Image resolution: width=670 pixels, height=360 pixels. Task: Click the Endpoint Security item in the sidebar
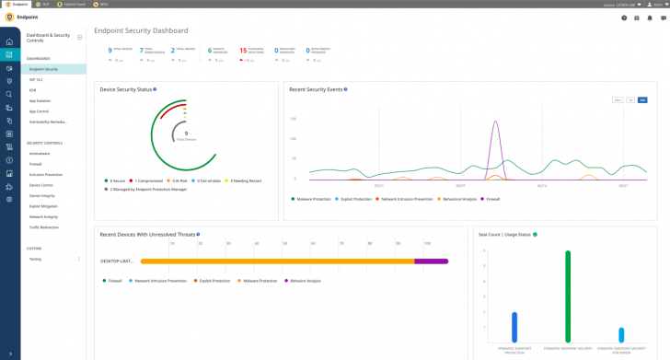coord(43,69)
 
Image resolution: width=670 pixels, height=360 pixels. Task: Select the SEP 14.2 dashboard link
coord(38,80)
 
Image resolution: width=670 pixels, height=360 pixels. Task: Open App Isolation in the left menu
coord(40,100)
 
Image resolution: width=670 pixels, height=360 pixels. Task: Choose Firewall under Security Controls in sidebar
coord(36,164)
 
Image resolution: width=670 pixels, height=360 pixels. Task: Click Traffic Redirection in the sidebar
coord(44,227)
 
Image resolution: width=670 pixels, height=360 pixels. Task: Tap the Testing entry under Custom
coord(35,259)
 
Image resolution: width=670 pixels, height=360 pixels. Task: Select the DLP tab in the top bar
coord(44,4)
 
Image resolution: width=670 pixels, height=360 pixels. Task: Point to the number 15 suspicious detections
coord(243,51)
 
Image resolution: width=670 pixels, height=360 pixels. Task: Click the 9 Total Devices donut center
coord(186,134)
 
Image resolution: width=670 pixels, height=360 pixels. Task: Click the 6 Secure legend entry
coord(116,180)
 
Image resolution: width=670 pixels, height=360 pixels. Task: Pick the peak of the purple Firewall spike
coord(496,122)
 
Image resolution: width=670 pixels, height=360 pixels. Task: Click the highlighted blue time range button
coord(642,99)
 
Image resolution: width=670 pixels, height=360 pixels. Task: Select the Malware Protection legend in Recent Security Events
coord(312,198)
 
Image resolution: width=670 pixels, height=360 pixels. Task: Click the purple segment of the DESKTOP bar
coord(431,261)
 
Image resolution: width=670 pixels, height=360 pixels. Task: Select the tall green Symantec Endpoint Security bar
coord(568,296)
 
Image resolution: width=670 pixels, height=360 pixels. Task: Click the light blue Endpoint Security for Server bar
coord(621,335)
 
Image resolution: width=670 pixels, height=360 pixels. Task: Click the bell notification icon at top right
coord(649,17)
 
